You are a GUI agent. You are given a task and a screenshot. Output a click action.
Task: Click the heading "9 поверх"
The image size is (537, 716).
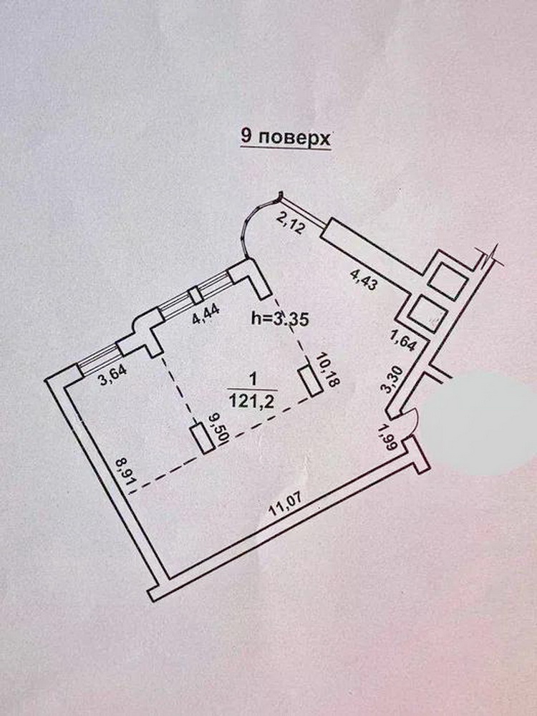(286, 137)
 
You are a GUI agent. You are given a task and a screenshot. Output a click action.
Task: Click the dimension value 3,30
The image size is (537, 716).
(390, 377)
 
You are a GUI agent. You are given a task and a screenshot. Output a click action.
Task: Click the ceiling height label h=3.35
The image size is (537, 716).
(281, 320)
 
